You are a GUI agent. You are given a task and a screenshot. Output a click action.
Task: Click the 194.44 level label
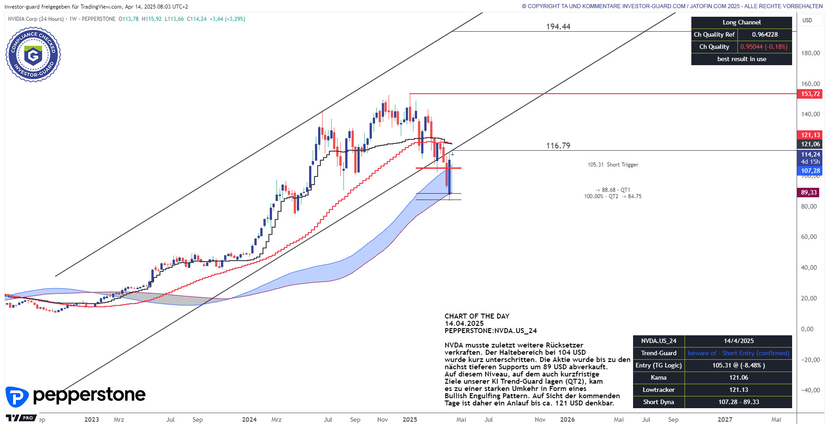(558, 27)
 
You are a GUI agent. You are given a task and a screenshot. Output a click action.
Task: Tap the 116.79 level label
(558, 146)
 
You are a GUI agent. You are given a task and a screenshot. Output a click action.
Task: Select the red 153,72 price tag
(810, 94)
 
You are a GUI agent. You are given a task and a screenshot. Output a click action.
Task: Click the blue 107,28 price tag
(810, 171)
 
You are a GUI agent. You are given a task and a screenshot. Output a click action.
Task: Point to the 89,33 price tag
(809, 192)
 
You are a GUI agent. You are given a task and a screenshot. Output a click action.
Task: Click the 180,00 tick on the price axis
(810, 53)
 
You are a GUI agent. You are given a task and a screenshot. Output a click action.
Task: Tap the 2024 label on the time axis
(249, 419)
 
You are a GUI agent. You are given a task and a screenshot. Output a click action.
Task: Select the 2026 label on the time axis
(567, 419)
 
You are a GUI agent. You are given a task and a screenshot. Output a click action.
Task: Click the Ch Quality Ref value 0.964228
(765, 34)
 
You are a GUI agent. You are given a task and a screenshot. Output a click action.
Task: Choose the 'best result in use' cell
(742, 59)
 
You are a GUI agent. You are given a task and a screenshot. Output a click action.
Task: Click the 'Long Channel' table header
(742, 22)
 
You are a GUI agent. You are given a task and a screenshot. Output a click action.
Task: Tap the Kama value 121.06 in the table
(738, 377)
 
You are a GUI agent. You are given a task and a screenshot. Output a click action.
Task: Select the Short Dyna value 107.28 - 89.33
(738, 402)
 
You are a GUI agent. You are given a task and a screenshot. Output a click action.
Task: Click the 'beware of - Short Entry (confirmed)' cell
(738, 353)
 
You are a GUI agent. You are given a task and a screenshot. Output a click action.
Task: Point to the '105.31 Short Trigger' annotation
(613, 165)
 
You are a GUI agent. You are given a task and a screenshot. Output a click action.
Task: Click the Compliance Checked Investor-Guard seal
(33, 55)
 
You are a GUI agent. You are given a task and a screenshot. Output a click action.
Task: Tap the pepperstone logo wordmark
(89, 395)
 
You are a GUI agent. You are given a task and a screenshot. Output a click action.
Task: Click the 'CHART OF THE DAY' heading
(477, 316)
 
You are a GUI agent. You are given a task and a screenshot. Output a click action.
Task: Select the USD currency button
(807, 20)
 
